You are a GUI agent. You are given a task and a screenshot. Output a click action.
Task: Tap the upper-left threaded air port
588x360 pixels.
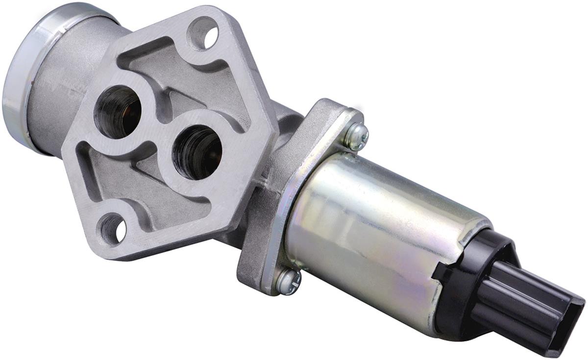click(x=118, y=112)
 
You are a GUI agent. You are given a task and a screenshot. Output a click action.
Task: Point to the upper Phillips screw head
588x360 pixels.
click(x=356, y=137)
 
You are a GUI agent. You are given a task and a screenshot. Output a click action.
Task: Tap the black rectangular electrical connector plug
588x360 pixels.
click(x=529, y=304)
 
